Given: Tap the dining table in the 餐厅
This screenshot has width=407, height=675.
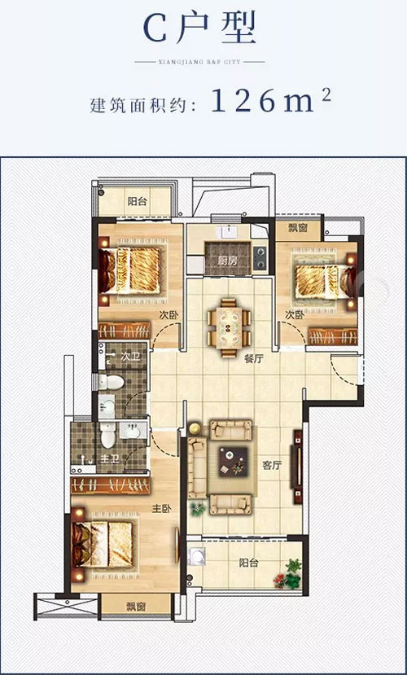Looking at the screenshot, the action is (228, 327).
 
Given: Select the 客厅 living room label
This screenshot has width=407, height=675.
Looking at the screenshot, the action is (273, 466).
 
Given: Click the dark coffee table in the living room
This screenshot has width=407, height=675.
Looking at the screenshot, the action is (233, 462).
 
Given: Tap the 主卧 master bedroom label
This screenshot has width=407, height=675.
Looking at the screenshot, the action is (161, 509).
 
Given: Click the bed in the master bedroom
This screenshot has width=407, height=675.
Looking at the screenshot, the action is (103, 545).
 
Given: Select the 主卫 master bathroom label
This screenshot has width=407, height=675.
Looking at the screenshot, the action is (109, 459).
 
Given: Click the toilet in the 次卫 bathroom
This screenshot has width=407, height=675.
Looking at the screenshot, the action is (111, 381).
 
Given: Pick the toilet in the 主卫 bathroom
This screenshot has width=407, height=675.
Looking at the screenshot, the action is (107, 436).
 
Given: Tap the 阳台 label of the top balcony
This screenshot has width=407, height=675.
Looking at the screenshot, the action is (137, 200).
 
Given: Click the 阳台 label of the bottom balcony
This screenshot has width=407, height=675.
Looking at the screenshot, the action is (248, 563).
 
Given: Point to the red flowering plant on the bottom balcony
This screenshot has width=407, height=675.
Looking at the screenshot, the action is (282, 581).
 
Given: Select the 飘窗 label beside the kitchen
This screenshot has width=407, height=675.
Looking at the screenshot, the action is (298, 228).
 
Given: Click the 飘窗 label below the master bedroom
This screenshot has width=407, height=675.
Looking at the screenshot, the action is (135, 607).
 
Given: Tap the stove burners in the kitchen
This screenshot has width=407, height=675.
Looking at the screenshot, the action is (260, 257).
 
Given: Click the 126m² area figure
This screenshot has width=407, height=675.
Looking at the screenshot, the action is (271, 102).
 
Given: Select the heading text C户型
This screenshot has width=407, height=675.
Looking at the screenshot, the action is (199, 27).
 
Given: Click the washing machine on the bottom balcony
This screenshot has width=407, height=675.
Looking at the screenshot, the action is (197, 556).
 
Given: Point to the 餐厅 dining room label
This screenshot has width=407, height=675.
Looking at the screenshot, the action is (253, 359).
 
